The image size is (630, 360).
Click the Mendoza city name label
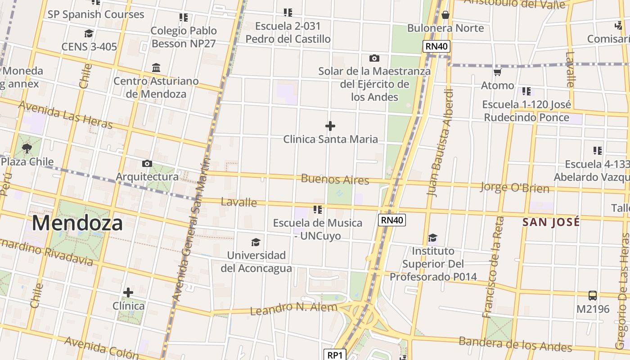click(77, 223)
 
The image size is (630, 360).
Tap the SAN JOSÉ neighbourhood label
click(551, 222)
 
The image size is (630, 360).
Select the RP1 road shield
click(335, 355)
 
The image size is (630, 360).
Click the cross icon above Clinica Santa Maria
click(330, 126)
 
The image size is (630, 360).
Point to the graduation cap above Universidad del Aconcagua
click(256, 243)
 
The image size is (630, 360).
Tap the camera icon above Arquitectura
click(147, 163)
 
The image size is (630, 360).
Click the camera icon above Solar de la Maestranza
click(374, 58)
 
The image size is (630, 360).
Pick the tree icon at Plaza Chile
click(27, 148)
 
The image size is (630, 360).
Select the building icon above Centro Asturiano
click(156, 67)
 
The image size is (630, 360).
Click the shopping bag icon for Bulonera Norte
click(445, 15)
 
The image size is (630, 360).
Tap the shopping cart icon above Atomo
click(497, 72)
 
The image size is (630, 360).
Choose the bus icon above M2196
click(593, 296)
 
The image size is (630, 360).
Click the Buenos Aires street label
click(335, 179)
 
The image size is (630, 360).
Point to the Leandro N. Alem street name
click(293, 309)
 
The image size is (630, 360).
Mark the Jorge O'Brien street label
click(515, 187)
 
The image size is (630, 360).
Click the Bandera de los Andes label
click(515, 344)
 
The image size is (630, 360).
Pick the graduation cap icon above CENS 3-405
click(89, 34)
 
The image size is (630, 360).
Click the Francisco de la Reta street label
click(493, 267)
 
